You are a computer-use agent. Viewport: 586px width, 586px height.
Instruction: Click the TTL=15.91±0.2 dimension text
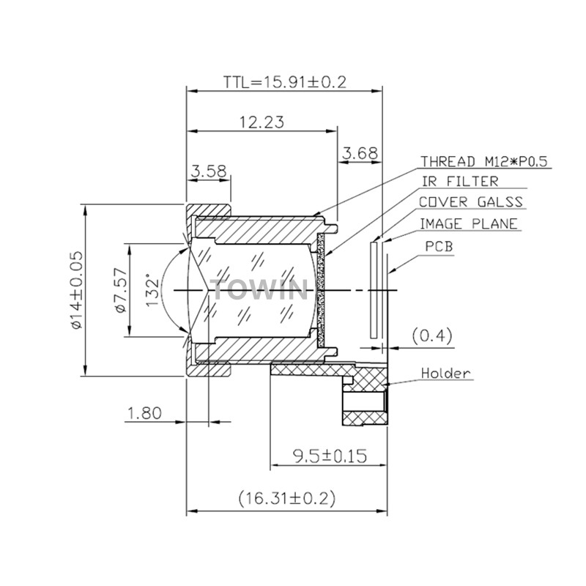coord(285,82)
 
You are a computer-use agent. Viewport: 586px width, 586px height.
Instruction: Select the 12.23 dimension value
coord(262,122)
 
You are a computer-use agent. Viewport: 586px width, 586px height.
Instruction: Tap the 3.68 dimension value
coord(360,153)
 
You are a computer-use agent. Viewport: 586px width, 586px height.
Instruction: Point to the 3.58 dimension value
coord(209,171)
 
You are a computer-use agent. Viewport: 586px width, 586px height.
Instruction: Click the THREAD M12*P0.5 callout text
coord(484,161)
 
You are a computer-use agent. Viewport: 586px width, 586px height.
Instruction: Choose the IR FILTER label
coord(460,182)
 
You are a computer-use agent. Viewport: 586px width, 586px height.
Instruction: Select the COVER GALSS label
coord(470,202)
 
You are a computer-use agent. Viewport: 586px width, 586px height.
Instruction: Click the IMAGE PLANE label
coord(469,224)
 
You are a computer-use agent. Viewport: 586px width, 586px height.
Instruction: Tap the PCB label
coord(439,246)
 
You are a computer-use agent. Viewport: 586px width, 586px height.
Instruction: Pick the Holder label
coord(445,373)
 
